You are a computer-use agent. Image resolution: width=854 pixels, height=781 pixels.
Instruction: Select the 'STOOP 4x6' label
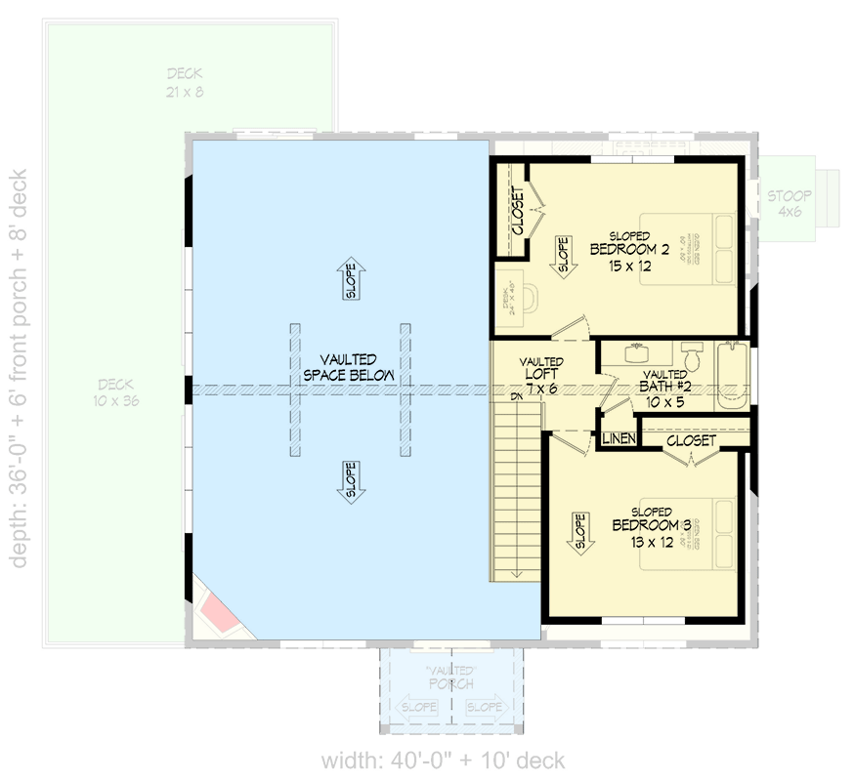785,202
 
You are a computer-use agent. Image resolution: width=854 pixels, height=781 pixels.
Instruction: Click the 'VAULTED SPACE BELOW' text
349,368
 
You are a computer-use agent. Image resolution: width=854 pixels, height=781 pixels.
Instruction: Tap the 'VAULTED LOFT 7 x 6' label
540,375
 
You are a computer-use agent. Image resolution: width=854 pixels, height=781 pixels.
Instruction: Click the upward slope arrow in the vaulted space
350,279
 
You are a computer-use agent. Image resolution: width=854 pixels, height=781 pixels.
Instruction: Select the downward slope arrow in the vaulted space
350,481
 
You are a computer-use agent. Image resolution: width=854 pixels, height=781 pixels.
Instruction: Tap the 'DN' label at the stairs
516,397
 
